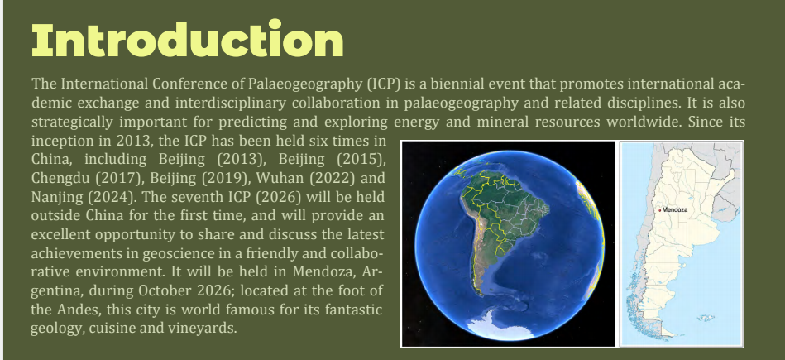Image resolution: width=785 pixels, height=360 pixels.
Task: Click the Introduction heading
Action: point(187,40)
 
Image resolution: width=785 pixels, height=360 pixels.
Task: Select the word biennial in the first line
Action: point(447,84)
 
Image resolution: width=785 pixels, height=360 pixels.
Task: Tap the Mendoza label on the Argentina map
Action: point(675,209)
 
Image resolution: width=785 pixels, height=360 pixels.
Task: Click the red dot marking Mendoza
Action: point(660,210)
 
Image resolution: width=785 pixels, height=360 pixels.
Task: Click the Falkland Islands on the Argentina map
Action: point(706,318)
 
